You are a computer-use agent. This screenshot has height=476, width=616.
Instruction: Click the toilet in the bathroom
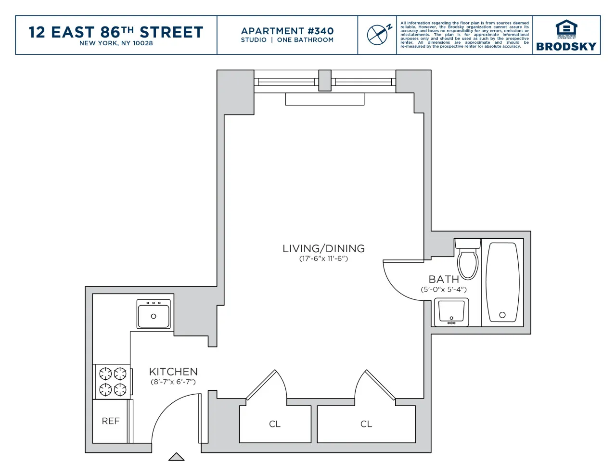click(467, 260)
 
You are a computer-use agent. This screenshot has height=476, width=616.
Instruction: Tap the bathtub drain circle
click(502, 315)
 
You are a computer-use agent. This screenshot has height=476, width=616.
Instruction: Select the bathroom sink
click(451, 312)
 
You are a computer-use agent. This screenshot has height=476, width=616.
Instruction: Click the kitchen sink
click(154, 314)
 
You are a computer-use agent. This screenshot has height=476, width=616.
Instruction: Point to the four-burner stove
click(113, 381)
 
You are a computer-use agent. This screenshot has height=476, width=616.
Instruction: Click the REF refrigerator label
click(111, 421)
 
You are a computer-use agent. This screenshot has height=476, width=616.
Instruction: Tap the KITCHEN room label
click(173, 372)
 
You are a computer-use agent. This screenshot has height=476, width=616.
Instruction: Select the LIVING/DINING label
click(323, 249)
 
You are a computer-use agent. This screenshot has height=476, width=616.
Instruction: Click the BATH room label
click(444, 279)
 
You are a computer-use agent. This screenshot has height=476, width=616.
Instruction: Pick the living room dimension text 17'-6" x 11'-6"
click(323, 259)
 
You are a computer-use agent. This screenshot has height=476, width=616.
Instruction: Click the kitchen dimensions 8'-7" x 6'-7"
click(173, 382)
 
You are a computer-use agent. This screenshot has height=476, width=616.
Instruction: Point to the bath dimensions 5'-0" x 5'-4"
click(444, 290)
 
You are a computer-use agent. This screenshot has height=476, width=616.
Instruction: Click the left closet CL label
click(275, 424)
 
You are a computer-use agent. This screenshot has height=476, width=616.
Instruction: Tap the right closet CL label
click(366, 424)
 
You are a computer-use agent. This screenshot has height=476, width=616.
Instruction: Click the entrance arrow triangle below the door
click(176, 457)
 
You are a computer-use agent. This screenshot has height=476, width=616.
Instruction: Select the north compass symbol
click(378, 35)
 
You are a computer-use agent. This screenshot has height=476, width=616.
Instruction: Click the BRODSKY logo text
click(566, 47)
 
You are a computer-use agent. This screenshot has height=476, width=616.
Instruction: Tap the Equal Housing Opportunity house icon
click(566, 28)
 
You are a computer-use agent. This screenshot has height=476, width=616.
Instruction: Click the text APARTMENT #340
click(287, 31)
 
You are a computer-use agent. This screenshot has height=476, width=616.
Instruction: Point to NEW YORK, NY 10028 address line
click(116, 43)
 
